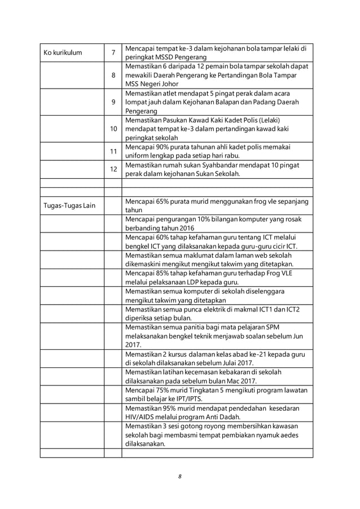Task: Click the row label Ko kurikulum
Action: tap(63, 52)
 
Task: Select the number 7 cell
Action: tap(113, 52)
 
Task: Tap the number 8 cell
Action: tap(113, 75)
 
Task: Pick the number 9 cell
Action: tap(113, 102)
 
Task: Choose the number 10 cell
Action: tap(113, 129)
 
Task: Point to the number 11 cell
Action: tap(113, 152)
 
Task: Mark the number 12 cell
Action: tap(113, 170)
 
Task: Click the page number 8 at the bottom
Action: tap(179, 476)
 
